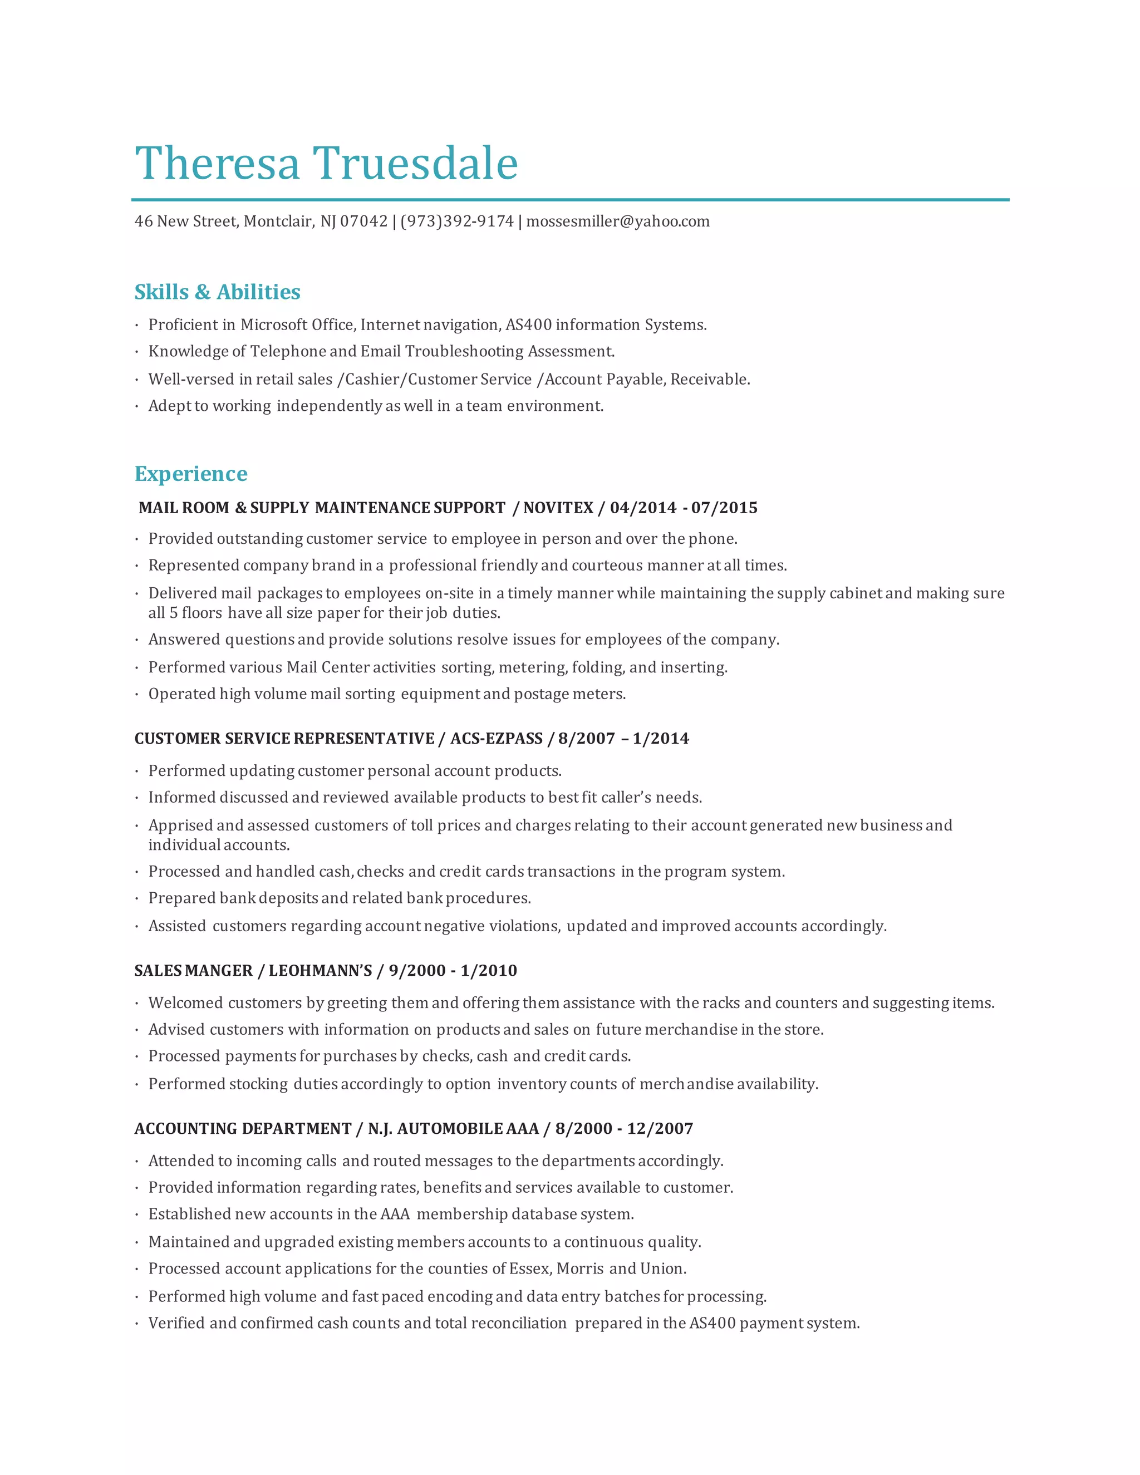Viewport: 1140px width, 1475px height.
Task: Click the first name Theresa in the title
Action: (217, 164)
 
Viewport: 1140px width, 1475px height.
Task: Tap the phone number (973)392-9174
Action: (456, 222)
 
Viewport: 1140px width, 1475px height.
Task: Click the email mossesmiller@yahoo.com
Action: (618, 222)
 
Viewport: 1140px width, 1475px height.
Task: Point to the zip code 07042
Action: (363, 222)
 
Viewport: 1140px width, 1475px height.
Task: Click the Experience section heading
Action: (190, 474)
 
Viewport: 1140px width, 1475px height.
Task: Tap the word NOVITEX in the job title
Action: (558, 508)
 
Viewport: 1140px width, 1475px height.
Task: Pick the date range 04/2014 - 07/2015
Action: (684, 508)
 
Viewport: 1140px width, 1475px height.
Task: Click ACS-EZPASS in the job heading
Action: (497, 738)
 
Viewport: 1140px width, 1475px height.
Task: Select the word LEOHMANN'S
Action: (320, 971)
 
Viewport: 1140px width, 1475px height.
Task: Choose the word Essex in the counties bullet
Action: (529, 1268)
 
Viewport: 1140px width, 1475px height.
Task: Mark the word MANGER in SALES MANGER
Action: (218, 971)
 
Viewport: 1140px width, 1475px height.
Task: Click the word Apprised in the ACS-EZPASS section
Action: (180, 825)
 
